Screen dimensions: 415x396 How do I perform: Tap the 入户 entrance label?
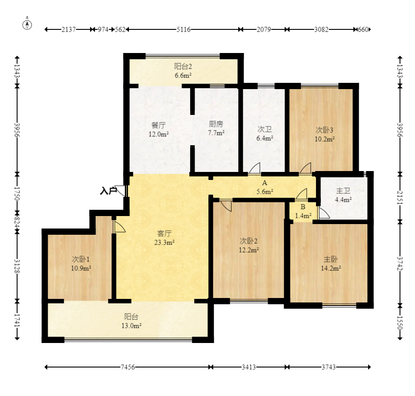click(x=108, y=191)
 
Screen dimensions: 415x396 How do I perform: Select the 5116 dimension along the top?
click(x=183, y=29)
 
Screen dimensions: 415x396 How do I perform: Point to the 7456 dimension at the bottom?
click(x=128, y=367)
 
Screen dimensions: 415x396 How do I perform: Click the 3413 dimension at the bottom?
click(x=249, y=367)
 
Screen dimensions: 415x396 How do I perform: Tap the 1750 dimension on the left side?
click(x=17, y=194)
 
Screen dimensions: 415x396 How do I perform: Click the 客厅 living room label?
click(x=164, y=233)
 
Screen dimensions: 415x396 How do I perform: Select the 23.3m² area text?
click(x=164, y=242)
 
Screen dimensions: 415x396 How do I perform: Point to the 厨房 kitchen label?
click(x=216, y=124)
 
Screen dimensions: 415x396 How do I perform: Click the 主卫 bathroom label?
click(x=343, y=191)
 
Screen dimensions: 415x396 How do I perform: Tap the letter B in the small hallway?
click(x=303, y=207)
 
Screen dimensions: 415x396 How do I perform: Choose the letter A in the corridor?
click(x=265, y=183)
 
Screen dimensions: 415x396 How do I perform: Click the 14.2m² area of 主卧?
click(x=331, y=269)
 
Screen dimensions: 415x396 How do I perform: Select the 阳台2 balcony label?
click(x=183, y=66)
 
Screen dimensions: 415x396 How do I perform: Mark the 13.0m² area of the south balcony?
click(x=131, y=326)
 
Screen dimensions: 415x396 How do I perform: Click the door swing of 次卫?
click(x=255, y=168)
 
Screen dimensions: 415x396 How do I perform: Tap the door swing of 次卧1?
click(x=120, y=227)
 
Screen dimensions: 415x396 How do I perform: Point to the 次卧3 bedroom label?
click(x=324, y=130)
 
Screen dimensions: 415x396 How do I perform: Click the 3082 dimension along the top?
click(x=321, y=29)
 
